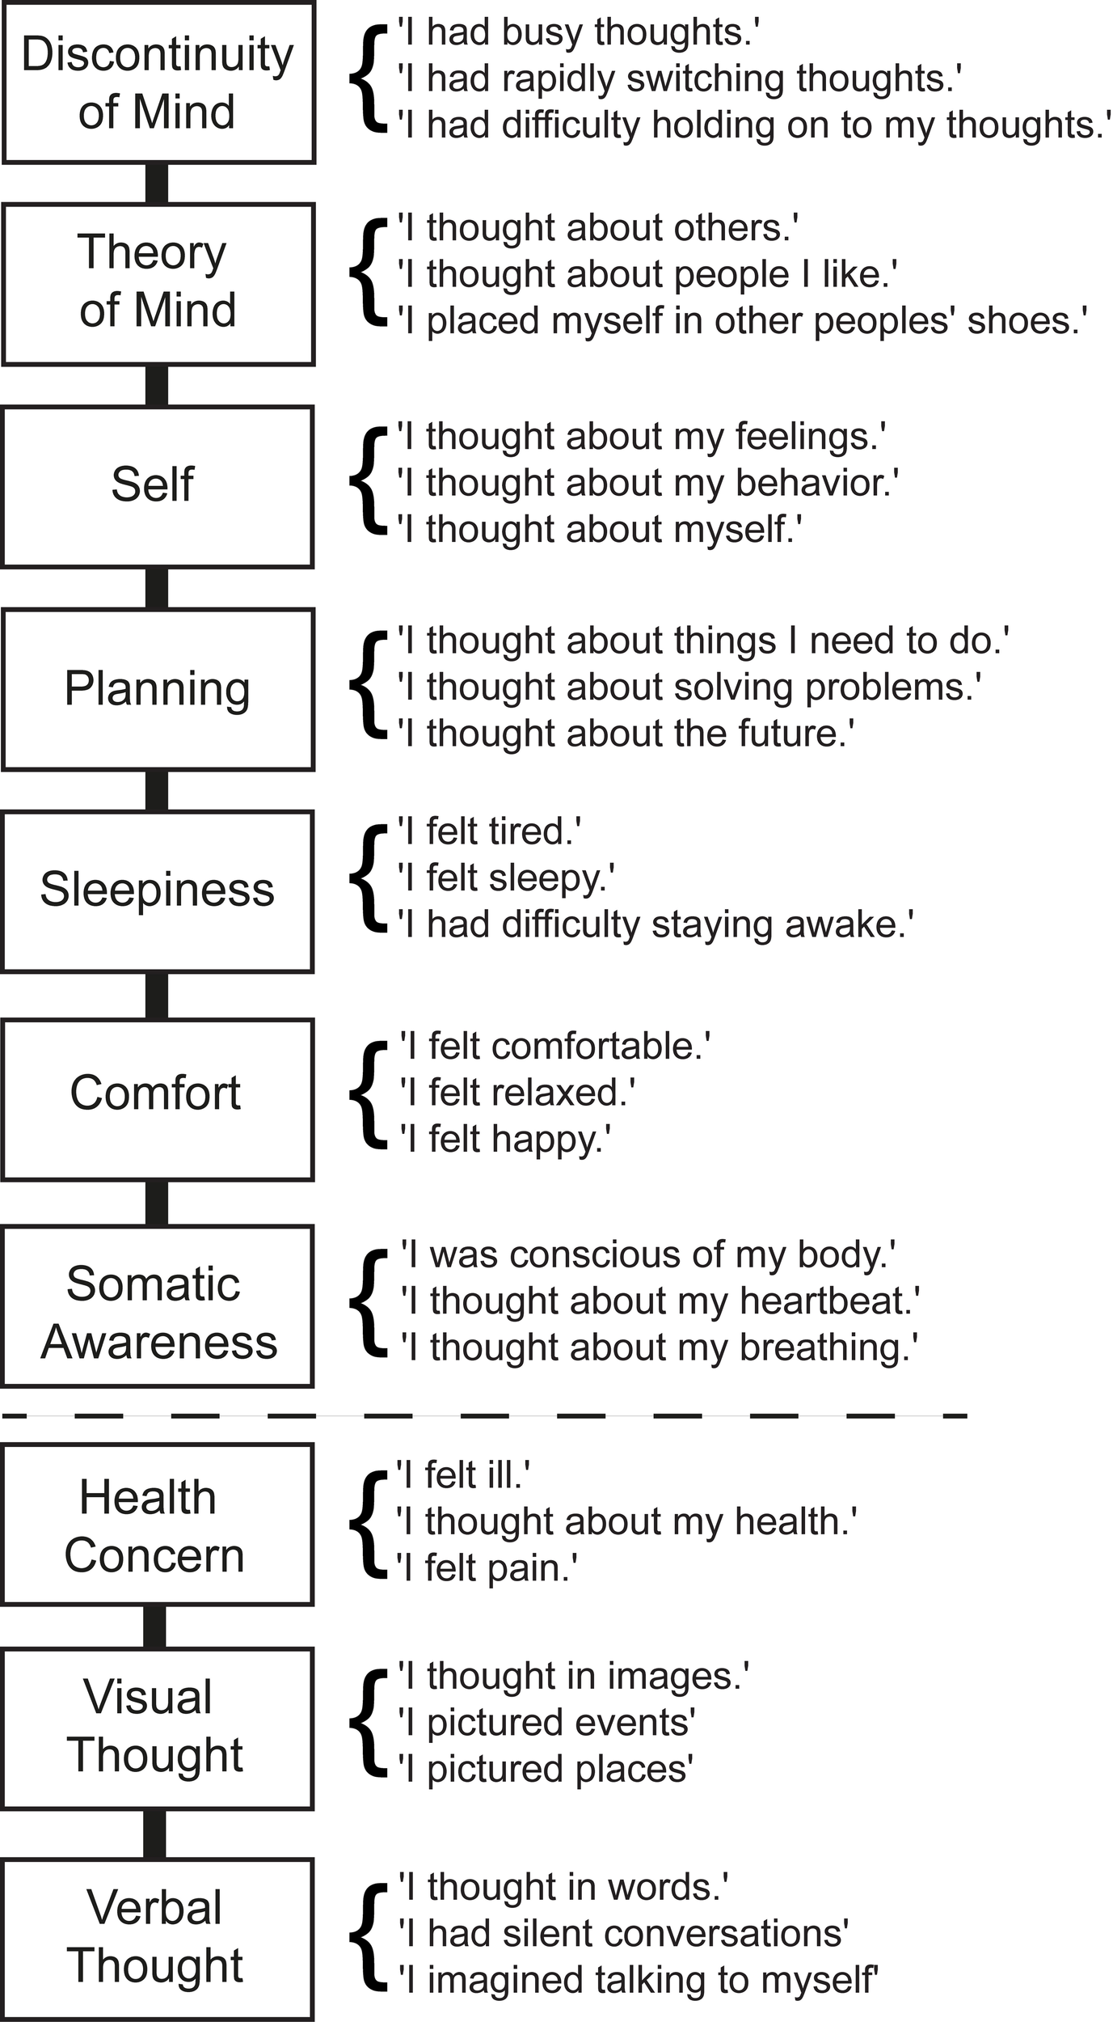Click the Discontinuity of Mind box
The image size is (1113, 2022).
point(158,82)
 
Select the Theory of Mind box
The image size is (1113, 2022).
point(158,284)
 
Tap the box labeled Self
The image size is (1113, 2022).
point(158,486)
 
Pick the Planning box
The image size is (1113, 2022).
point(158,689)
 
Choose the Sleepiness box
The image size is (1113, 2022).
point(158,891)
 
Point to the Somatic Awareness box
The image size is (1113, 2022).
point(158,1305)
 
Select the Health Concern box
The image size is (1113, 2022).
point(158,1524)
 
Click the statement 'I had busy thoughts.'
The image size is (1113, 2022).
point(579,32)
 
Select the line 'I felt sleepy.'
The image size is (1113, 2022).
point(506,878)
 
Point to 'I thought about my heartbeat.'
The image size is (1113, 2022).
point(660,1301)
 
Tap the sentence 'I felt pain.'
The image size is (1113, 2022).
point(487,1568)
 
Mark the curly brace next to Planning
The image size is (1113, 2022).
point(368,686)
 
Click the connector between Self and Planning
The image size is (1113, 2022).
point(157,588)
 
